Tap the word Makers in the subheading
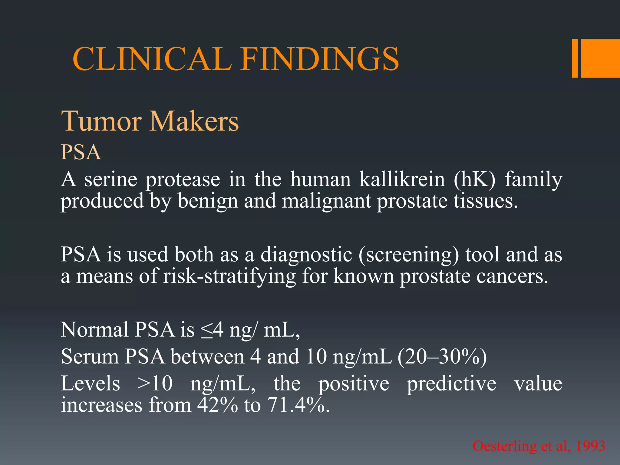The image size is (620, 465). click(194, 121)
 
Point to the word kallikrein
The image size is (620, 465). click(402, 179)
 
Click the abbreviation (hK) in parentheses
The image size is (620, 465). click(475, 179)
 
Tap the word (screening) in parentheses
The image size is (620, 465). click(409, 254)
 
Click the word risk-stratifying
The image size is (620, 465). click(229, 276)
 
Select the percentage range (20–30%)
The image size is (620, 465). click(442, 357)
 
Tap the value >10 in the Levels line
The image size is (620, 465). click(155, 383)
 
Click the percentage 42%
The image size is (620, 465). click(217, 405)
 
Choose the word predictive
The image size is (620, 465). click(451, 384)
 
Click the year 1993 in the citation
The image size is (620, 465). click(590, 446)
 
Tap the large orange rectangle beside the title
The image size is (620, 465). click(600, 58)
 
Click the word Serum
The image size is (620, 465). click(90, 357)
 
